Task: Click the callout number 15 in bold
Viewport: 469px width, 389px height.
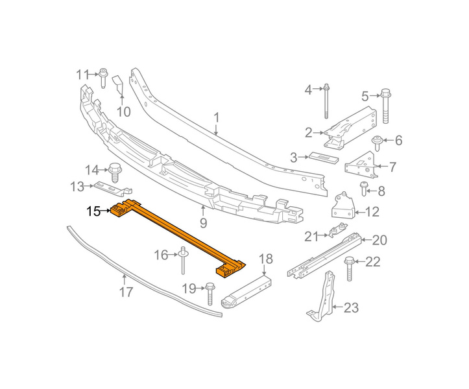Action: [x=93, y=211]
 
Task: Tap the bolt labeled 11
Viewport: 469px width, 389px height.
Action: [x=103, y=78]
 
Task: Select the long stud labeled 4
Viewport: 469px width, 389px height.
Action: [x=326, y=101]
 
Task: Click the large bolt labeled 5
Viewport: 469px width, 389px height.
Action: [x=385, y=106]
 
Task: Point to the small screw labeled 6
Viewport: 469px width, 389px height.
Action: [x=377, y=143]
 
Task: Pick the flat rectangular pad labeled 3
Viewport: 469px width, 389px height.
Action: [x=324, y=158]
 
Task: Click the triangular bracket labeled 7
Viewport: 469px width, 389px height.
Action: [x=361, y=165]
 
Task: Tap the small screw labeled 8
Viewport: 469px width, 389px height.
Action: [x=364, y=189]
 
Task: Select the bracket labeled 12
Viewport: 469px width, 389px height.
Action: [x=343, y=206]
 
